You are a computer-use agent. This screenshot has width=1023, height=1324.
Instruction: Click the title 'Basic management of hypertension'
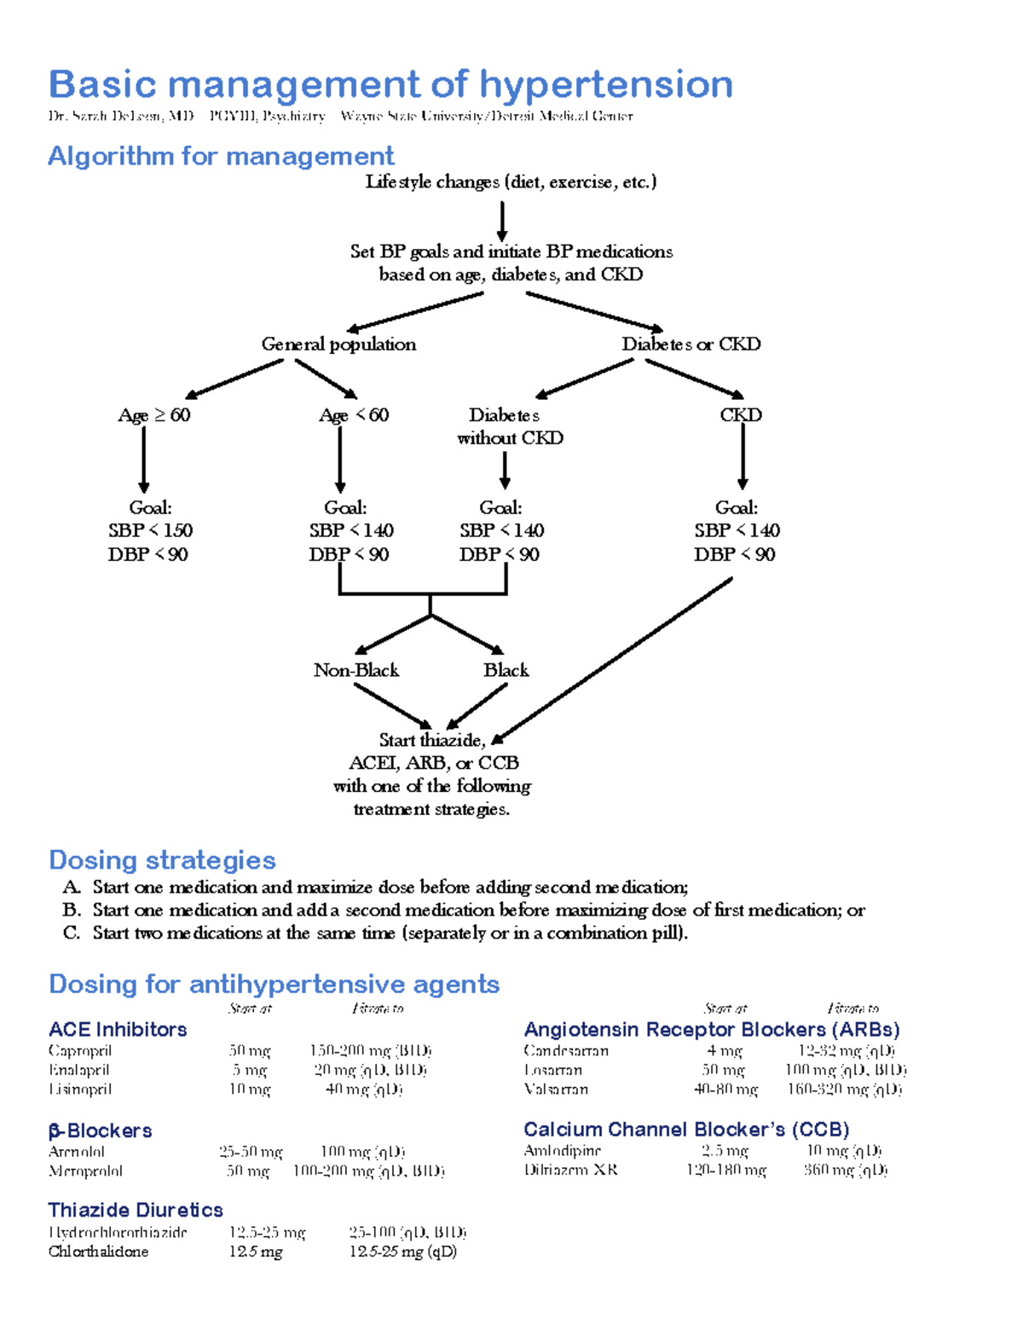point(390,84)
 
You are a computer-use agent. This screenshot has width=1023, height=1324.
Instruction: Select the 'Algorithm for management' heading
point(221,156)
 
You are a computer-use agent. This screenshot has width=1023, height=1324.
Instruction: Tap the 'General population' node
point(338,344)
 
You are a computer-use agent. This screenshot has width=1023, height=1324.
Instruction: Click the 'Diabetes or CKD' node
point(691,344)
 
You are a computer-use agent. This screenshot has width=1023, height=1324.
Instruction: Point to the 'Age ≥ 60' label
point(154,415)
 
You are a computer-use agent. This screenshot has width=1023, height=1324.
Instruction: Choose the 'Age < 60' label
point(354,415)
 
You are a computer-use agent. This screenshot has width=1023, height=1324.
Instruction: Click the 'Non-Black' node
point(356,670)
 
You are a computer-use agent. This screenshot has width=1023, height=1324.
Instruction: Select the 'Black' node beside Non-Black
point(506,670)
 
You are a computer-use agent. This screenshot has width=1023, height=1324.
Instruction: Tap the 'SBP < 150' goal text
point(151,530)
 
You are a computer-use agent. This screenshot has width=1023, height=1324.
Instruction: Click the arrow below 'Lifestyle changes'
point(502,221)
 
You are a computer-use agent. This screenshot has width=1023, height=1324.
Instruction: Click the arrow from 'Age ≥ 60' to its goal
point(144,460)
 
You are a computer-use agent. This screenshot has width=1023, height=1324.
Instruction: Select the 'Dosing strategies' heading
point(162,859)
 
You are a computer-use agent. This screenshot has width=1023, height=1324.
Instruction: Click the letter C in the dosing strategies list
point(72,933)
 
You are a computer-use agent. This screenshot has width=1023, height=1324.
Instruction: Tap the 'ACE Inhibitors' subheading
point(118,1029)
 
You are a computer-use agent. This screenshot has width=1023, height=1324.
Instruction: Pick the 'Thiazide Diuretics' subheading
point(136,1210)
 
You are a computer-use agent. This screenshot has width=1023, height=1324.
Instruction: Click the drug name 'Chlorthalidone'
point(98,1252)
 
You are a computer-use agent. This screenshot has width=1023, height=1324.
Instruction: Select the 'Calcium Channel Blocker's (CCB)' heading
point(686,1130)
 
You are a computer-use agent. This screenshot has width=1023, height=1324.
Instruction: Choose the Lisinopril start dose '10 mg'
point(249,1089)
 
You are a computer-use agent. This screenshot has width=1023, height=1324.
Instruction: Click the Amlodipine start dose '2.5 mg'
point(725,1151)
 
